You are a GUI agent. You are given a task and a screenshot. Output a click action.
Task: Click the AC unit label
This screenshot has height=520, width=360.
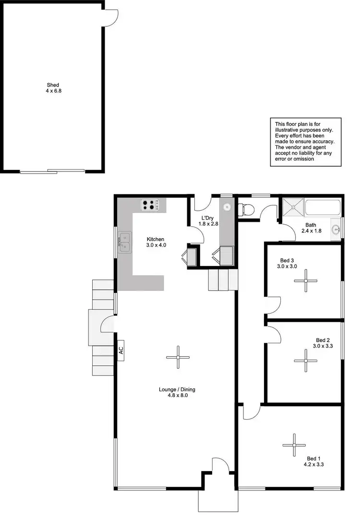pyautogui.click(x=120, y=350)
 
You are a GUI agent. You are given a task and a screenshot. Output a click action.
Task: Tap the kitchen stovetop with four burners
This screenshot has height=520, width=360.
pyautogui.click(x=150, y=206)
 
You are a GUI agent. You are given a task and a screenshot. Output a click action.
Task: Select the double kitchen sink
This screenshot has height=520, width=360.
pyautogui.click(x=125, y=242)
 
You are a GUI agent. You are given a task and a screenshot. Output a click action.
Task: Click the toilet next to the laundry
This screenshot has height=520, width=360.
pyautogui.click(x=247, y=209)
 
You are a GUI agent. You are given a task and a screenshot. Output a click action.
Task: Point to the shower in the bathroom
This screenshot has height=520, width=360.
pyautogui.click(x=292, y=207)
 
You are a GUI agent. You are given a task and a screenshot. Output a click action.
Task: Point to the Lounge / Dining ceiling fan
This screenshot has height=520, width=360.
pyautogui.click(x=178, y=357)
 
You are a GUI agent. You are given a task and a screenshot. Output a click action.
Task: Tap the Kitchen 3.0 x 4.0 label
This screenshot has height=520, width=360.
pyautogui.click(x=156, y=242)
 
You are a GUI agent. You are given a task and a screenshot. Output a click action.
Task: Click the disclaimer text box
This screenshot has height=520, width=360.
pyautogui.click(x=305, y=140)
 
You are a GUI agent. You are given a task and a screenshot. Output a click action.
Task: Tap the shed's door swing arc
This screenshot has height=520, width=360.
pyautogui.click(x=111, y=18)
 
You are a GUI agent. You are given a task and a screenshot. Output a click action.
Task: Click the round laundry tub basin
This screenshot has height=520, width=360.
pyautogui.click(x=227, y=208)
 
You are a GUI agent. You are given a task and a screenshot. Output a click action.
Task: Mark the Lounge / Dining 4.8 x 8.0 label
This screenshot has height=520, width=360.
pyautogui.click(x=177, y=392)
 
